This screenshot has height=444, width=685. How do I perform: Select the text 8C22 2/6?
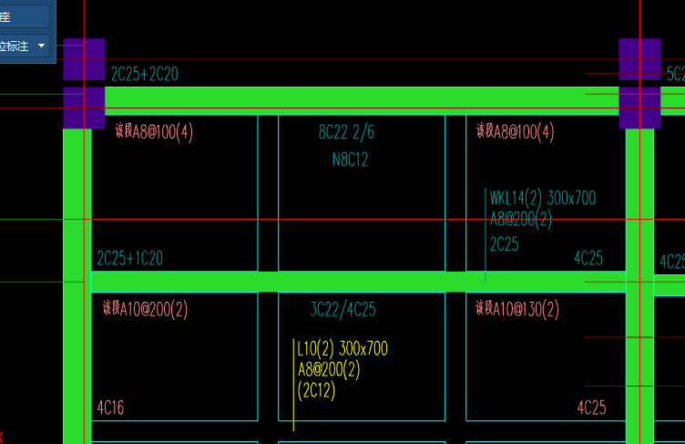[x=346, y=133]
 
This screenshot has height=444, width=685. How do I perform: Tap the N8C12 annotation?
[x=350, y=160]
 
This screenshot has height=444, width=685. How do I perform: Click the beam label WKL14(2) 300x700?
[x=543, y=199]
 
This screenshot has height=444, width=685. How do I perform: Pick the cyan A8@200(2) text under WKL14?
[x=521, y=220]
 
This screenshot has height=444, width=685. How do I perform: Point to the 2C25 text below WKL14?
[x=505, y=243]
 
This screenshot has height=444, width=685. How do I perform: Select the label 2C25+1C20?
[x=130, y=259]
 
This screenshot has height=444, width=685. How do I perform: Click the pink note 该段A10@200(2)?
[x=145, y=310]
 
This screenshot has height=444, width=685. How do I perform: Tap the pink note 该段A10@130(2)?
[x=517, y=310]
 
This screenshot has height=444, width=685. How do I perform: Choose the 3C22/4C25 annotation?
[x=342, y=310]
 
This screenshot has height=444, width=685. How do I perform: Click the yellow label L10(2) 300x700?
[x=342, y=348]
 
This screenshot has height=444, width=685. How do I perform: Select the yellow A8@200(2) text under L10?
[x=329, y=369]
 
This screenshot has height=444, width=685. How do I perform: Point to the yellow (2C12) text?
[x=316, y=390]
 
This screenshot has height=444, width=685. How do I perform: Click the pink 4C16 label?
[x=110, y=408]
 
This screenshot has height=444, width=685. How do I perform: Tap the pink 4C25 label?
[x=591, y=408]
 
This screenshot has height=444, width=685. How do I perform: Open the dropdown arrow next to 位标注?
[x=41, y=45]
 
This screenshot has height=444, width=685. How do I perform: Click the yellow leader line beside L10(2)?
[x=293, y=383]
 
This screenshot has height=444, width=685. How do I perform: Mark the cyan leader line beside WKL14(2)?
[x=486, y=232]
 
